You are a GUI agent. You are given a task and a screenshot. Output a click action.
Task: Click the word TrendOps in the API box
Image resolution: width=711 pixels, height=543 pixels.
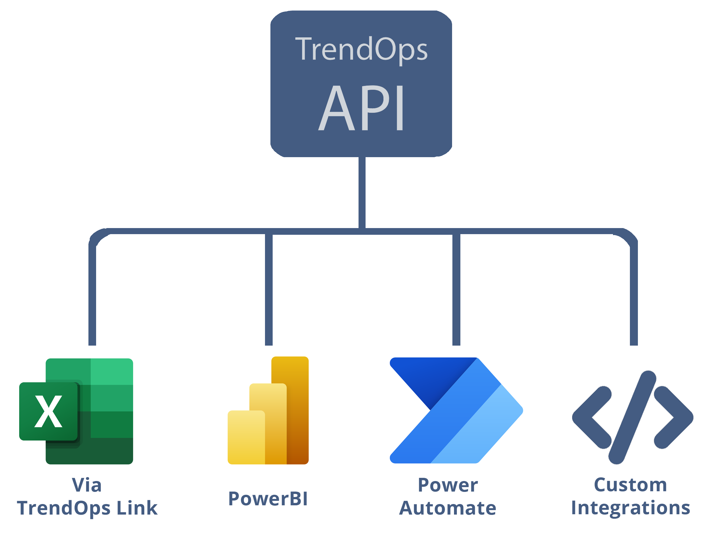coord(361,49)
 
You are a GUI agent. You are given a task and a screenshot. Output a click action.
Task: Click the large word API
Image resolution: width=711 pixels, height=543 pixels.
coord(361,108)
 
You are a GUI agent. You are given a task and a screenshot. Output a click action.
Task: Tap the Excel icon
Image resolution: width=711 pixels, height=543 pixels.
coord(76,411)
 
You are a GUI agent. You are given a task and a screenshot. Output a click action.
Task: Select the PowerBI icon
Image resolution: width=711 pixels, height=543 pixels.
coord(268,410)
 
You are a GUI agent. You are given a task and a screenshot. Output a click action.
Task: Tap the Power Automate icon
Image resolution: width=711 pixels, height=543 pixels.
coord(456,410)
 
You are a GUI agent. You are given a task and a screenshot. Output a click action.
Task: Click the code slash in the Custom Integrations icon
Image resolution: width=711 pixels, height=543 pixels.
coord(631,417)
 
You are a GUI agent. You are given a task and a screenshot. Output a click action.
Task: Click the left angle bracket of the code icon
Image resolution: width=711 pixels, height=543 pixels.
coord(591,417)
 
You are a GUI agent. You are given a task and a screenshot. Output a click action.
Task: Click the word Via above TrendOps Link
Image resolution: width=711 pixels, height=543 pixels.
coord(87,485)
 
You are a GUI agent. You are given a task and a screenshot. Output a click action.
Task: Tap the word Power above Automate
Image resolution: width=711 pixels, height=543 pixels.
coord(447,485)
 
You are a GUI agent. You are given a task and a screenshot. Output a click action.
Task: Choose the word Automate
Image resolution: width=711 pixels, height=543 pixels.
coord(447,508)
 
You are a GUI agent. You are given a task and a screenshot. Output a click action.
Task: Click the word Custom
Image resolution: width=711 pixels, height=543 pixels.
coord(630,485)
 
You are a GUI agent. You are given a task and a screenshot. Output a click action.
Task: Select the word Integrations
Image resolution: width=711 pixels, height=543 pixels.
coord(630,508)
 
